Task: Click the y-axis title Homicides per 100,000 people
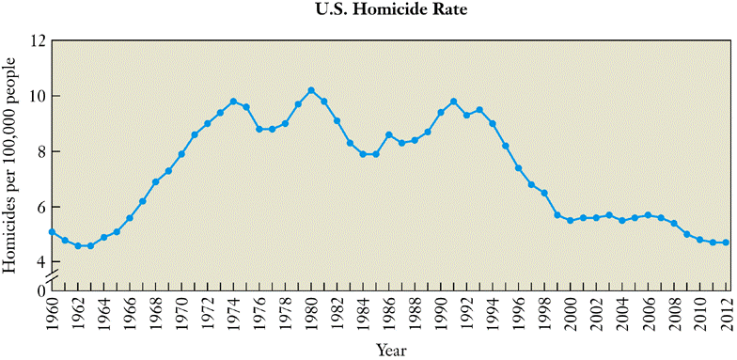point(10,165)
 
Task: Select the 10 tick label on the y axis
point(37,97)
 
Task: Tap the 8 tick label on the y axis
point(40,152)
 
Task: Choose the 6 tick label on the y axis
point(40,208)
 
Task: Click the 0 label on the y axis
point(40,290)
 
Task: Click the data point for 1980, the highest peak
point(311,90)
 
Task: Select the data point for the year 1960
point(52,231)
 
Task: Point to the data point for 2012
point(726,243)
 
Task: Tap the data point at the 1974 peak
point(233,102)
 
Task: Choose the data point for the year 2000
point(570,221)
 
